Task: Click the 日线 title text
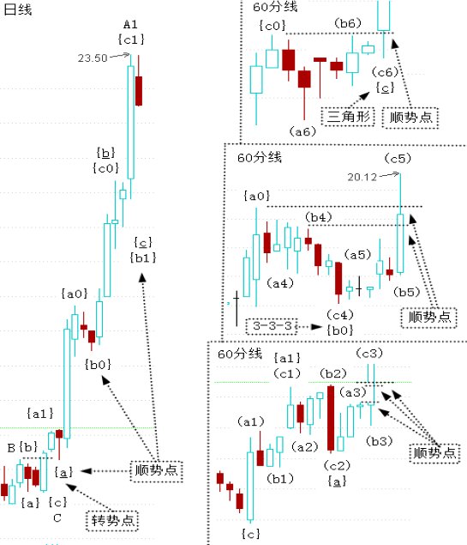point(17,9)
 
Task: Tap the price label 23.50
point(93,58)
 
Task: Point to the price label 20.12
point(362,178)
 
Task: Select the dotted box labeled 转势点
point(112,521)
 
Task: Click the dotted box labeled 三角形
point(348,117)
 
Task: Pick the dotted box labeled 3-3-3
point(272,326)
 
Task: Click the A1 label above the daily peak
point(130,25)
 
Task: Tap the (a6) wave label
point(302,131)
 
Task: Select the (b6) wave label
point(348,23)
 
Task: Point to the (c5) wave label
point(398,159)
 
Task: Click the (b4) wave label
point(319,218)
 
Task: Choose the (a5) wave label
point(357,255)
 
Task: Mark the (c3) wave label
point(369,354)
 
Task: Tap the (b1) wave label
point(280,479)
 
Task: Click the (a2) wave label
point(305,446)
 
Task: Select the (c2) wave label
point(337,465)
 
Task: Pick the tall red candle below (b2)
point(331,418)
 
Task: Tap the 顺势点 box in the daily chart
point(157,471)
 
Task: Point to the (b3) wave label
point(380,441)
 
